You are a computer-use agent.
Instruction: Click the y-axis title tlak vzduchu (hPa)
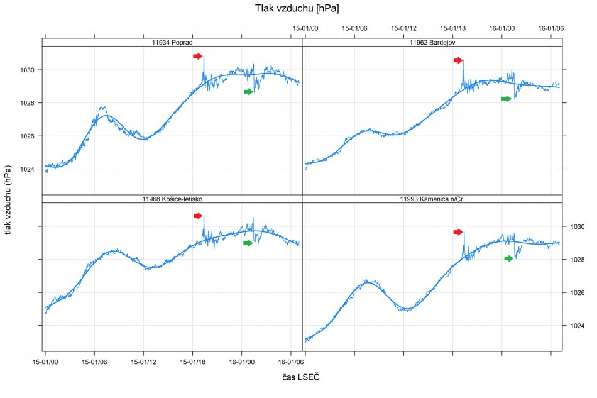pyautogui.click(x=8, y=201)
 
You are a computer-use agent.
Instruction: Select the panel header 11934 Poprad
pyautogui.click(x=172, y=42)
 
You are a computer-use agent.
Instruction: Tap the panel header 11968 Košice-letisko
pyautogui.click(x=172, y=199)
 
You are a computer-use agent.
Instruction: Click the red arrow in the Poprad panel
pyautogui.click(x=198, y=57)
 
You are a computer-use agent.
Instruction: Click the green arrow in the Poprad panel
pyautogui.click(x=249, y=92)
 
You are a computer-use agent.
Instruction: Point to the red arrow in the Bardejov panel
pyautogui.click(x=458, y=60)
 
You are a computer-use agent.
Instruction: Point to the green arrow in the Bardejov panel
pyautogui.click(x=507, y=99)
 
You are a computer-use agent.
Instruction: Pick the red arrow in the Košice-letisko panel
pyautogui.click(x=198, y=216)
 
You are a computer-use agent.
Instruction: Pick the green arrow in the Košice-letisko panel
pyautogui.click(x=248, y=243)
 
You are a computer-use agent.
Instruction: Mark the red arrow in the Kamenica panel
pyautogui.click(x=458, y=232)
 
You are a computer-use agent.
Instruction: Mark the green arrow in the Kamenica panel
pyautogui.click(x=509, y=258)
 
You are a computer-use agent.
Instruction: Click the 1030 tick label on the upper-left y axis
pyautogui.click(x=29, y=70)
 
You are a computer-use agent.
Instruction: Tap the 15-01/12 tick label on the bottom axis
pyautogui.click(x=144, y=362)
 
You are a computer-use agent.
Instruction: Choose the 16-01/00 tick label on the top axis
pyautogui.click(x=501, y=28)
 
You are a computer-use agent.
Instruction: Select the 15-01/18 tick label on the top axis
pyautogui.click(x=452, y=28)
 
